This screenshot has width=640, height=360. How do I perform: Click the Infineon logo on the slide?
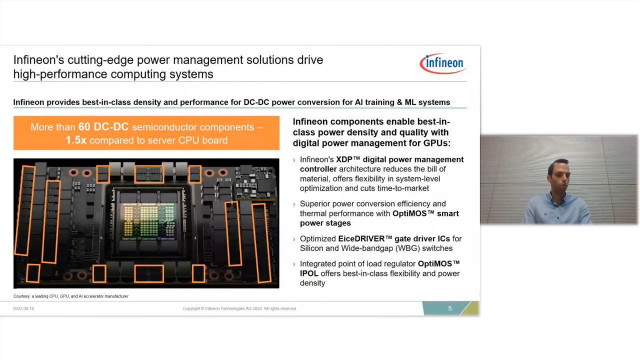[443, 63]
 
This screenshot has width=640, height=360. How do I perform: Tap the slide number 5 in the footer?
[449, 308]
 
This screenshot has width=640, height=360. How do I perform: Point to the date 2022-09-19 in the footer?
[23, 308]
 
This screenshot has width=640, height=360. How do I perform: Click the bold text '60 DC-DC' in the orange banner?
[103, 127]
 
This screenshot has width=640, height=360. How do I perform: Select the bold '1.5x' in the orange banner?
[75, 140]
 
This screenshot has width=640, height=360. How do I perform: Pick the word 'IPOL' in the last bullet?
[309, 273]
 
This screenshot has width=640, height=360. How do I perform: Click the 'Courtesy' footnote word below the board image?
[21, 296]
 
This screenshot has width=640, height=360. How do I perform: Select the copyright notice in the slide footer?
[239, 308]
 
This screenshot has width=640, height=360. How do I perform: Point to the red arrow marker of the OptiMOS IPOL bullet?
[294, 264]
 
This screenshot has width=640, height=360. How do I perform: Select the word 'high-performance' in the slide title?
[60, 74]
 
